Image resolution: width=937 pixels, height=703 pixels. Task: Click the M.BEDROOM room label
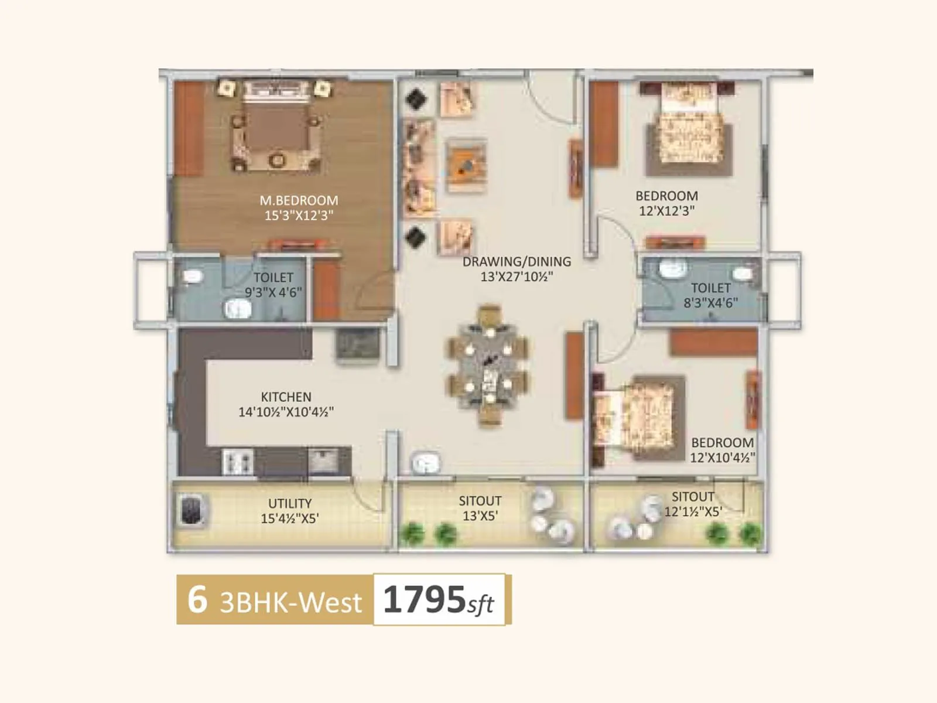299,200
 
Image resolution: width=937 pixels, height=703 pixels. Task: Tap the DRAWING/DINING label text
517,262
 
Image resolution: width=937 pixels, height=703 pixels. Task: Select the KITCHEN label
286,397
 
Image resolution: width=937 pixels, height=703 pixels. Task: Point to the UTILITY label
290,503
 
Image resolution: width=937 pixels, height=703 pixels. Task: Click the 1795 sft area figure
438,600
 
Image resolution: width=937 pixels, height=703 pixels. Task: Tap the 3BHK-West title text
290,602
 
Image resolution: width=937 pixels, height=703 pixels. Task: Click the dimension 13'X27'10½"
517,277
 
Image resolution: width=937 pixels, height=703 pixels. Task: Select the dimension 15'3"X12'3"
299,215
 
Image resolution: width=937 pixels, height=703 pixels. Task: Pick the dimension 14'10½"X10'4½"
286,412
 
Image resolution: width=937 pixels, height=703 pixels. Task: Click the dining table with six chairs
488,367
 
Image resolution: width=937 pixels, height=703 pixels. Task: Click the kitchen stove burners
238,462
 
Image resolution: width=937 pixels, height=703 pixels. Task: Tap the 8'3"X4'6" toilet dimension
710,303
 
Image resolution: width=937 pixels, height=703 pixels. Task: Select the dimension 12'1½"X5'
693,511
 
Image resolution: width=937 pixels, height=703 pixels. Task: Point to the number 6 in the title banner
197,600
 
